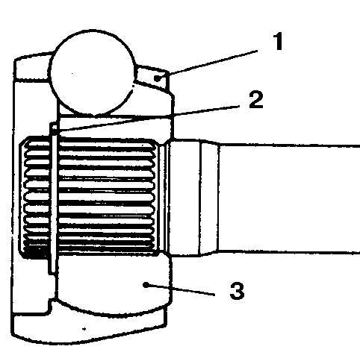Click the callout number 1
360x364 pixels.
(279, 41)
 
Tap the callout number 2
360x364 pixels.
(256, 100)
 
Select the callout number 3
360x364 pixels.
(237, 290)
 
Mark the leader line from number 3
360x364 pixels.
(181, 290)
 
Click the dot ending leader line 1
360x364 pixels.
(158, 78)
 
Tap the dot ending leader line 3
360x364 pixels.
(146, 284)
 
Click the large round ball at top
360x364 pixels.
(92, 73)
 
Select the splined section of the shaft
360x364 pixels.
(90, 196)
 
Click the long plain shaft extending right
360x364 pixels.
(289, 199)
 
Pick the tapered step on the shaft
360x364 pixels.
(209, 198)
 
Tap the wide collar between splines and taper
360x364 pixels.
(184, 198)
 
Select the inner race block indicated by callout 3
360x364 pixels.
(114, 283)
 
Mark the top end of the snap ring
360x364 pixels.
(54, 125)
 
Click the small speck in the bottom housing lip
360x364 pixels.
(84, 329)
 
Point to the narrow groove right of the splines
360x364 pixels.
(163, 198)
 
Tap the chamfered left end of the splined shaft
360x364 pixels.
(24, 196)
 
